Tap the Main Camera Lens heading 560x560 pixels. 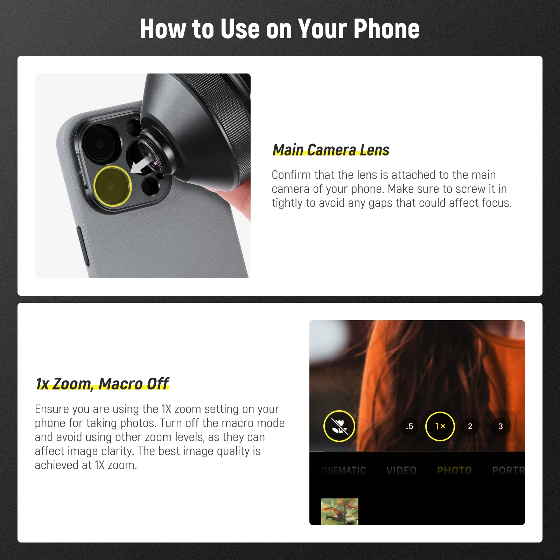click(x=331, y=150)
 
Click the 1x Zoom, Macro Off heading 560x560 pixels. click(x=102, y=384)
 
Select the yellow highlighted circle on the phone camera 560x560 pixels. click(x=112, y=186)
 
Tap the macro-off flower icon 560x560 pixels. click(x=339, y=426)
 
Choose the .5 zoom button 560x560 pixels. click(x=409, y=426)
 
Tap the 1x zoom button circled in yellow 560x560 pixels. click(x=440, y=426)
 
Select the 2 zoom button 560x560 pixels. click(x=470, y=426)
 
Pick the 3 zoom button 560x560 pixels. click(x=500, y=426)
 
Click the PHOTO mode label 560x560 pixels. click(x=454, y=470)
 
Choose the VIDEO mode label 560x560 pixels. click(x=401, y=470)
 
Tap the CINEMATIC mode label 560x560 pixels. click(x=343, y=470)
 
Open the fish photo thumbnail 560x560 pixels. click(x=340, y=511)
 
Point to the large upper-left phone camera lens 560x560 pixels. click(x=100, y=144)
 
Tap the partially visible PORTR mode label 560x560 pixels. click(x=508, y=470)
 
